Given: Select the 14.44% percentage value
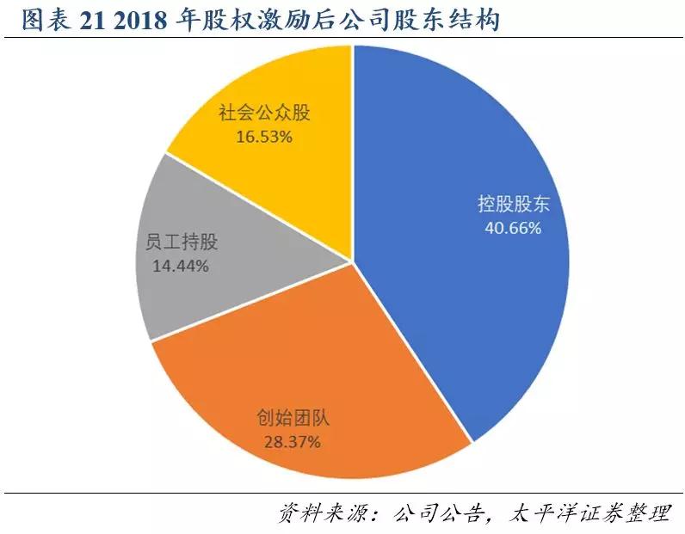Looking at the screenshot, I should (180, 266).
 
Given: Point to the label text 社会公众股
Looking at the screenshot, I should (263, 114).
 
